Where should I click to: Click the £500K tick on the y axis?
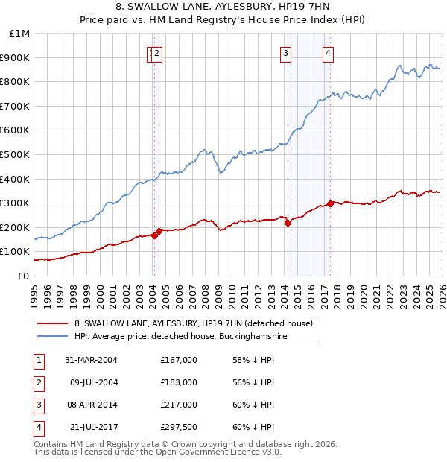(16, 154)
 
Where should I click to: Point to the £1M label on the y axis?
(20, 34)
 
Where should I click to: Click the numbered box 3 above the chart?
(285, 53)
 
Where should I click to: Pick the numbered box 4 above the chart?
(328, 53)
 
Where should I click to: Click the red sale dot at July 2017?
(331, 203)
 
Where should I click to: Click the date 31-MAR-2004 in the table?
(91, 360)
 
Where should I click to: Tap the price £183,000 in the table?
(179, 382)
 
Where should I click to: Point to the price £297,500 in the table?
(179, 427)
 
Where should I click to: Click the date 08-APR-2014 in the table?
(91, 405)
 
